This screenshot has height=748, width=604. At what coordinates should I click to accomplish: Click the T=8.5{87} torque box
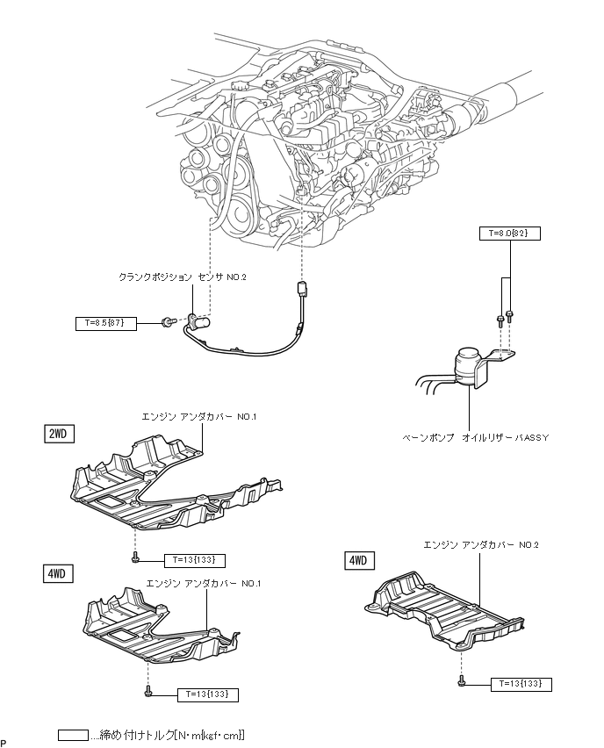click(x=106, y=323)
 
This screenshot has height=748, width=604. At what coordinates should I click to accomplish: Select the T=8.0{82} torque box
click(x=509, y=234)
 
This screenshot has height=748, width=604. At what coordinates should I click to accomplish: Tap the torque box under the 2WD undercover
click(x=194, y=559)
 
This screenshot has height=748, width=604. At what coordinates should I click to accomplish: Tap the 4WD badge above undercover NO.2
click(x=359, y=559)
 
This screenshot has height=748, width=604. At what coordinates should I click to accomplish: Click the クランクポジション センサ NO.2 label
click(x=183, y=277)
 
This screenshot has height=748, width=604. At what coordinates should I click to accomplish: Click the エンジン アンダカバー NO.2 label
click(x=481, y=544)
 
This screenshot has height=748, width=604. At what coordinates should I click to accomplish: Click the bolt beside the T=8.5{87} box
click(x=166, y=324)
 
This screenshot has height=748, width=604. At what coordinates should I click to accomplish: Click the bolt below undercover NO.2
click(x=461, y=680)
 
